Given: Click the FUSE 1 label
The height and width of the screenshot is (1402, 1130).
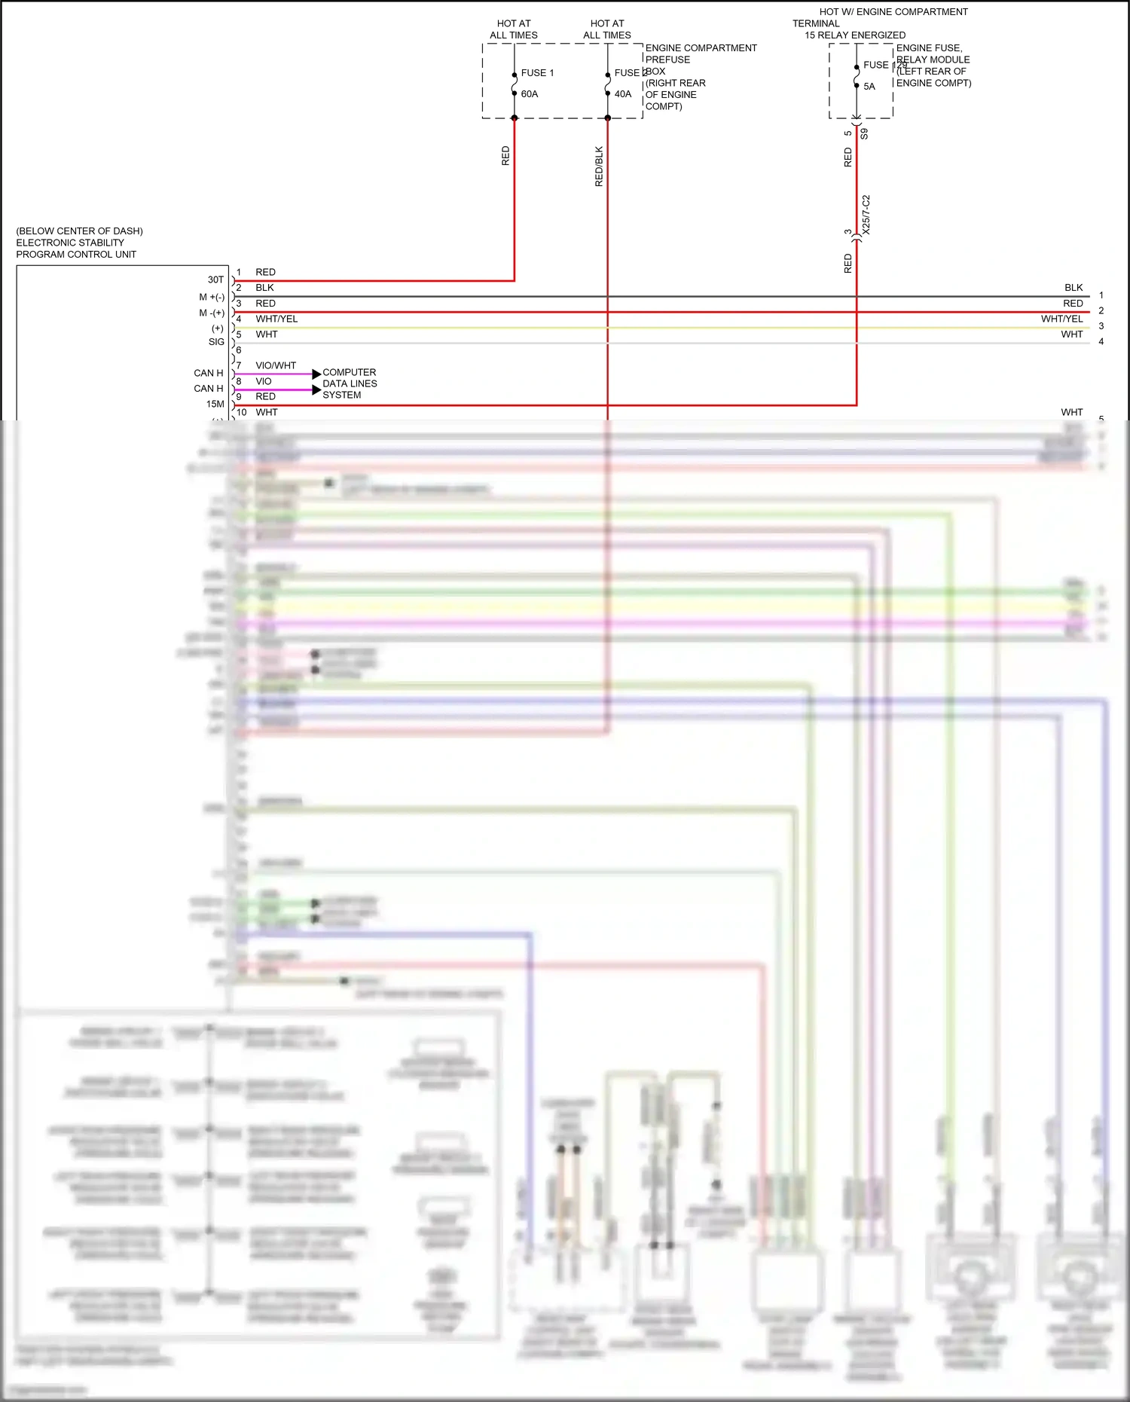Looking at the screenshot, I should [537, 73].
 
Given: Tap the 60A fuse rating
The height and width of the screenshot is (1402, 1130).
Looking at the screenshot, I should [530, 94].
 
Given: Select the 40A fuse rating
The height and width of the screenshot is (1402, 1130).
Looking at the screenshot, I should [623, 94].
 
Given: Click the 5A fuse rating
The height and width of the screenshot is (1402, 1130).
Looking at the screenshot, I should [869, 87].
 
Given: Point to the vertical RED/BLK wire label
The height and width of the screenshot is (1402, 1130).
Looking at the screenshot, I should [599, 166].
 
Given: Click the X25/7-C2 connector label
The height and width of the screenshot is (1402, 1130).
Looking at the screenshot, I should [866, 215].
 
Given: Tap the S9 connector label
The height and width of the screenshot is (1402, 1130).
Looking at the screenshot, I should [865, 134].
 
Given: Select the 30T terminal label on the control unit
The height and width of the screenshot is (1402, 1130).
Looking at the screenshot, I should [215, 279].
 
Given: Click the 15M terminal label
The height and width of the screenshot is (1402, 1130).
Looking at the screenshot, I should [215, 405].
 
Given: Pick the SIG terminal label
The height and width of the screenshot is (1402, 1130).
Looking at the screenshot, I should [216, 342].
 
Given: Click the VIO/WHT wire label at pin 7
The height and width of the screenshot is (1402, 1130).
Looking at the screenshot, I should [276, 365].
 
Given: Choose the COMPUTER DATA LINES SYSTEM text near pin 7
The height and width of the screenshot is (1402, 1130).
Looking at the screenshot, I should [350, 383].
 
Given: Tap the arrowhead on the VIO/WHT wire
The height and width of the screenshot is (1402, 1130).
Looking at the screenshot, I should [316, 374].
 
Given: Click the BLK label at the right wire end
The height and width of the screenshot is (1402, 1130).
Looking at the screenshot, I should [1073, 288].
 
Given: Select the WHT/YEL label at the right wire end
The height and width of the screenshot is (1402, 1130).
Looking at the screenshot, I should [1061, 319].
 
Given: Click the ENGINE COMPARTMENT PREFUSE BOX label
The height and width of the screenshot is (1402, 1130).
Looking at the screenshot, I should [701, 60].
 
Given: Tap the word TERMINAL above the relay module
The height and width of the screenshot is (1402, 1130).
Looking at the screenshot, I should [816, 23].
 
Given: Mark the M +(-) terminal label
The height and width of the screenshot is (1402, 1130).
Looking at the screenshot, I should [212, 298].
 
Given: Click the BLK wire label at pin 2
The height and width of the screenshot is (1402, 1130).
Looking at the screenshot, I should [264, 288].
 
